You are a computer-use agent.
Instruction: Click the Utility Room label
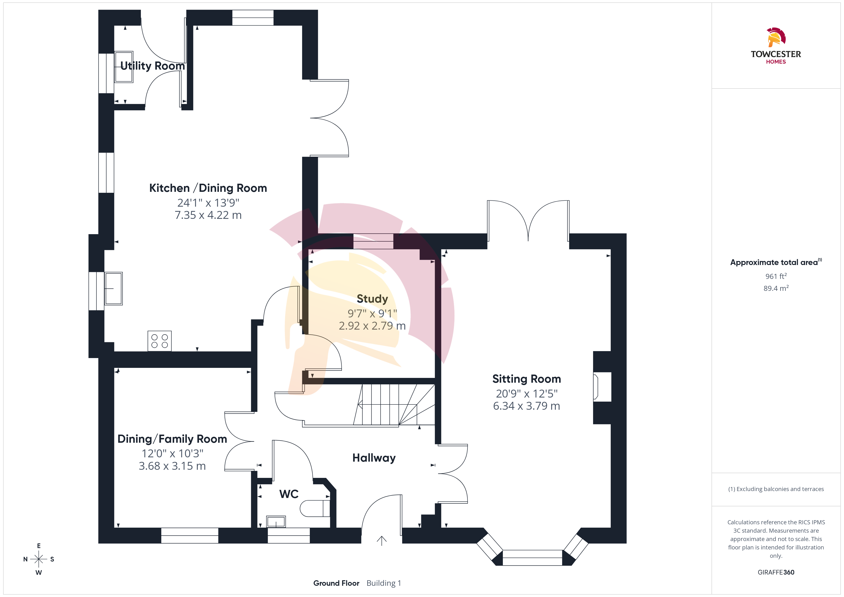coord(153,66)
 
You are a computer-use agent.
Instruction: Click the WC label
coord(289,494)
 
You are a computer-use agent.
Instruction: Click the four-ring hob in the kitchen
coord(160,341)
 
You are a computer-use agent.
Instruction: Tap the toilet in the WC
coord(315,509)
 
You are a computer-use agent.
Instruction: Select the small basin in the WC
coord(276,521)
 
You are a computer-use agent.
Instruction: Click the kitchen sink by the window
coord(114,289)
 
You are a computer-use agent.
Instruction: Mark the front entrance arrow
coord(382,541)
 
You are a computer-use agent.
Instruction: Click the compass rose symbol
coord(39,559)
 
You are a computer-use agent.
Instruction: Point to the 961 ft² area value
coord(776,276)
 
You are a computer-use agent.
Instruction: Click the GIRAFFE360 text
coord(776,572)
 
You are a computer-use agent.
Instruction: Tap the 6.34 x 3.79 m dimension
coord(526,406)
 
